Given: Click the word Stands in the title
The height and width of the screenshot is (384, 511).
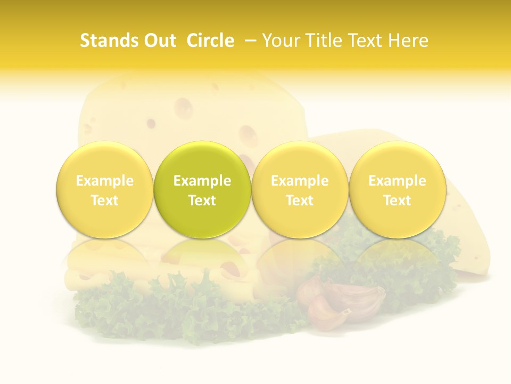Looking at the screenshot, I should tap(109, 41).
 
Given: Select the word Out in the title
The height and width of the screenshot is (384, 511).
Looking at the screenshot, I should tap(160, 41).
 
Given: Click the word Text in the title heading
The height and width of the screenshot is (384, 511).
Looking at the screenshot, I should tap(367, 41).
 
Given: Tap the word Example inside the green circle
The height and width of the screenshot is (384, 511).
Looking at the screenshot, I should tap(202, 181).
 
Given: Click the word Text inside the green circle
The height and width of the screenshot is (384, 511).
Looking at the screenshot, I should tap(202, 201).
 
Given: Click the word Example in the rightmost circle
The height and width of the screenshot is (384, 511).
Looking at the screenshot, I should tap(397, 181).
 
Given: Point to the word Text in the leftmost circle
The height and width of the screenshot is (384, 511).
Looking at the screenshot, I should tap(105, 201).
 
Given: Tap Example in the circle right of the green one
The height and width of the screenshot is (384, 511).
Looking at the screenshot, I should tap(300, 181).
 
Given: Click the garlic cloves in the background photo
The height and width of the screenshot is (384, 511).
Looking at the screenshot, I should tap(341, 301).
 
